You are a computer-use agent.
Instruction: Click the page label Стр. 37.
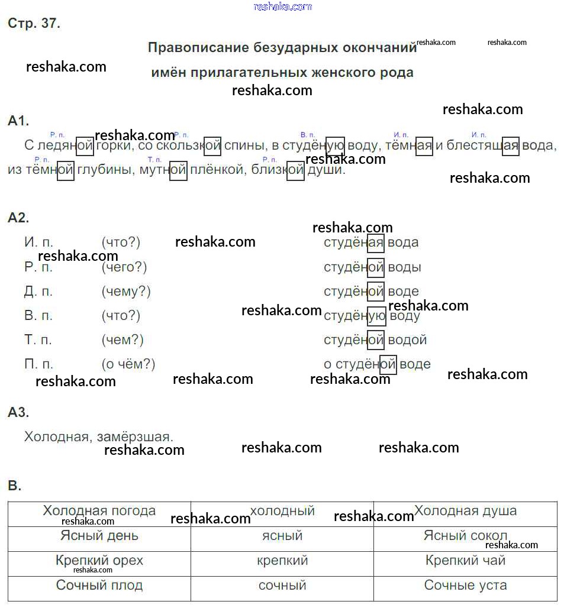point(34,24)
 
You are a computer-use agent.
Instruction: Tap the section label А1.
point(18,121)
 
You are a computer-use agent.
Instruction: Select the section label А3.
point(18,412)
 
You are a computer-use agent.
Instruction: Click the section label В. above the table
point(15,486)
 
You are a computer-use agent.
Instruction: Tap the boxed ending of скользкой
point(212,145)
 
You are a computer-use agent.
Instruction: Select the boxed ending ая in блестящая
point(510,145)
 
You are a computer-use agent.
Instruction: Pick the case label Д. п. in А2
point(38,292)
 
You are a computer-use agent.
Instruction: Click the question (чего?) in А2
point(124,267)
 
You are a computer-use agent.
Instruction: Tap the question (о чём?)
point(128,364)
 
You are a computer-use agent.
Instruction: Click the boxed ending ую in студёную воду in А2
point(376,316)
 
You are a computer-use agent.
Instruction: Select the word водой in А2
point(407,340)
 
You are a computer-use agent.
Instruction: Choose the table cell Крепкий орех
point(99,560)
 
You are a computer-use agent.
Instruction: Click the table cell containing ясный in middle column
point(282,536)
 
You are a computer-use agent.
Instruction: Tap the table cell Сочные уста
point(465,585)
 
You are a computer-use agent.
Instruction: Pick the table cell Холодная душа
point(465,511)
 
